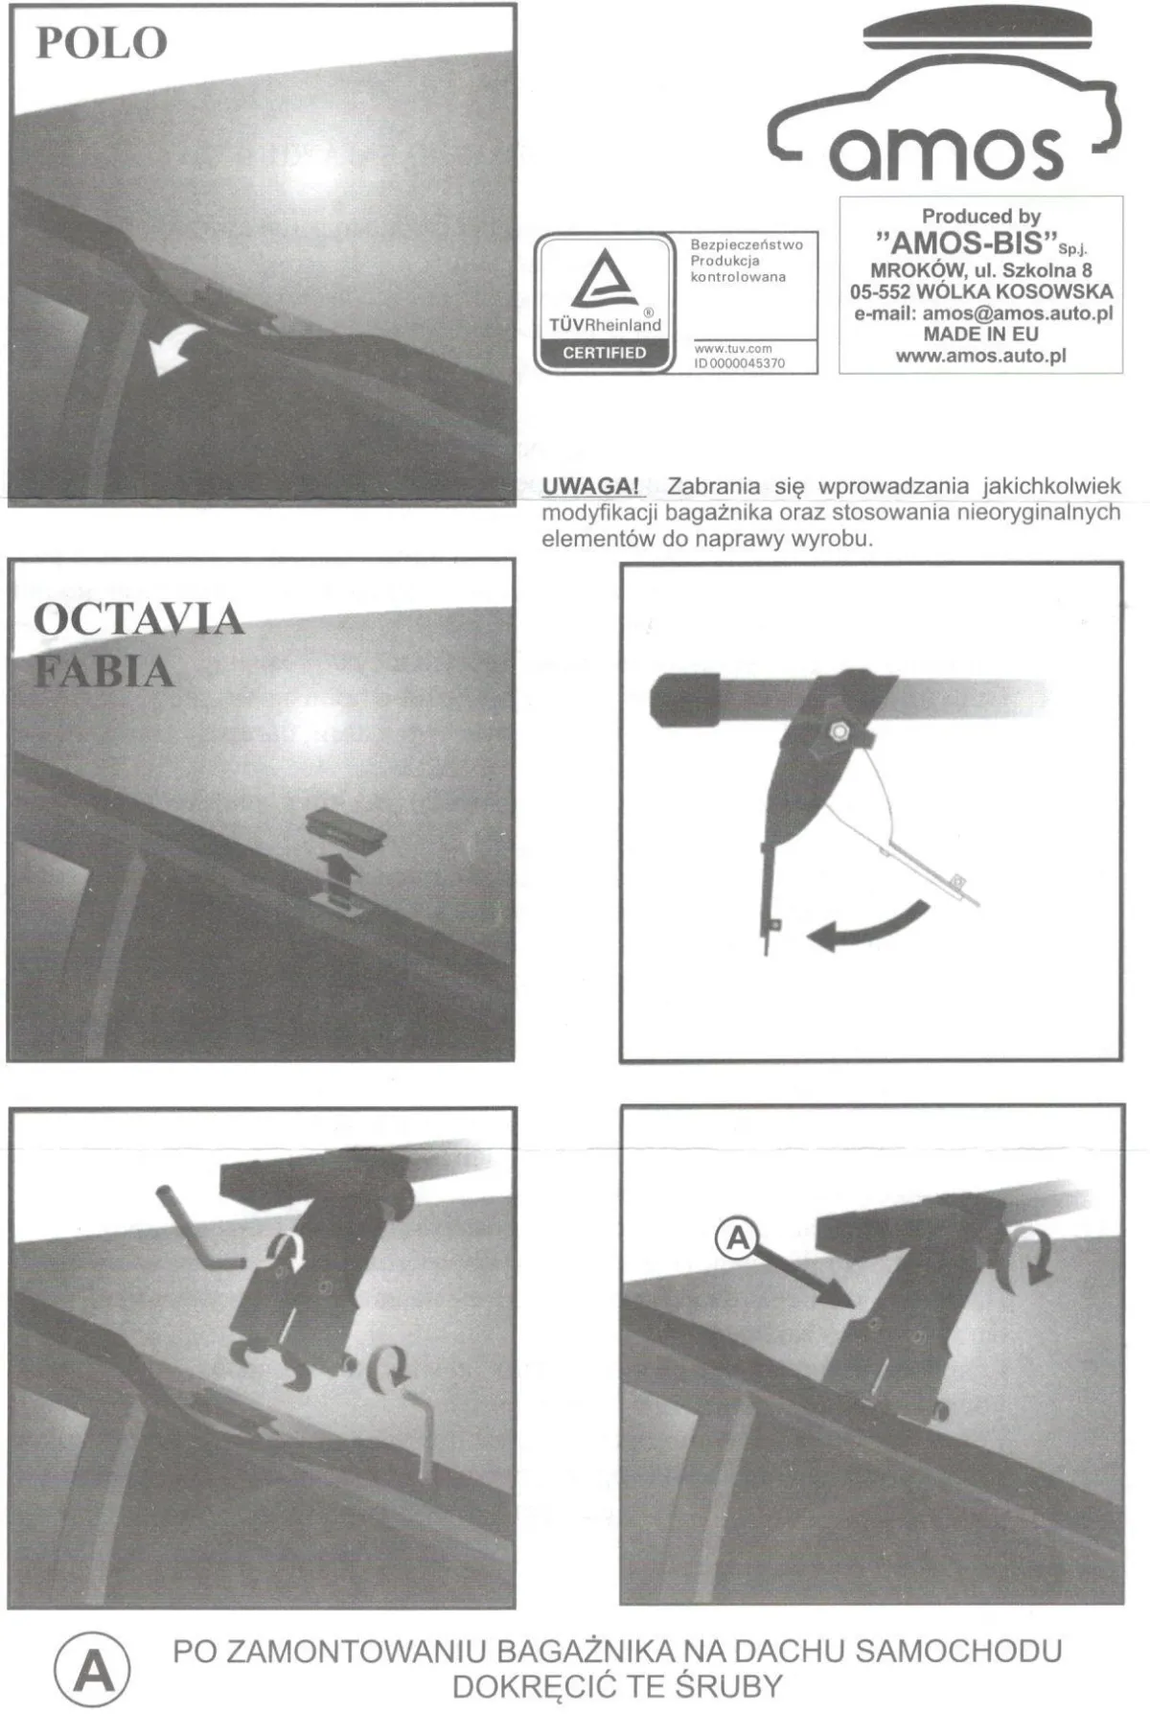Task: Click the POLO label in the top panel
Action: point(102,43)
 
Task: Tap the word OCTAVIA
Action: point(139,619)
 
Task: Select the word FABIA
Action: point(103,671)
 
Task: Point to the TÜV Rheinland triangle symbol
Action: point(606,278)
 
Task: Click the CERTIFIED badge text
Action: point(605,353)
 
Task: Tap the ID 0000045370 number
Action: point(740,363)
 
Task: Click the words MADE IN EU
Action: point(980,335)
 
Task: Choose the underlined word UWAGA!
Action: point(590,486)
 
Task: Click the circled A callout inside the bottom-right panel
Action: point(737,1239)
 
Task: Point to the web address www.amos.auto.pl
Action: point(980,356)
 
